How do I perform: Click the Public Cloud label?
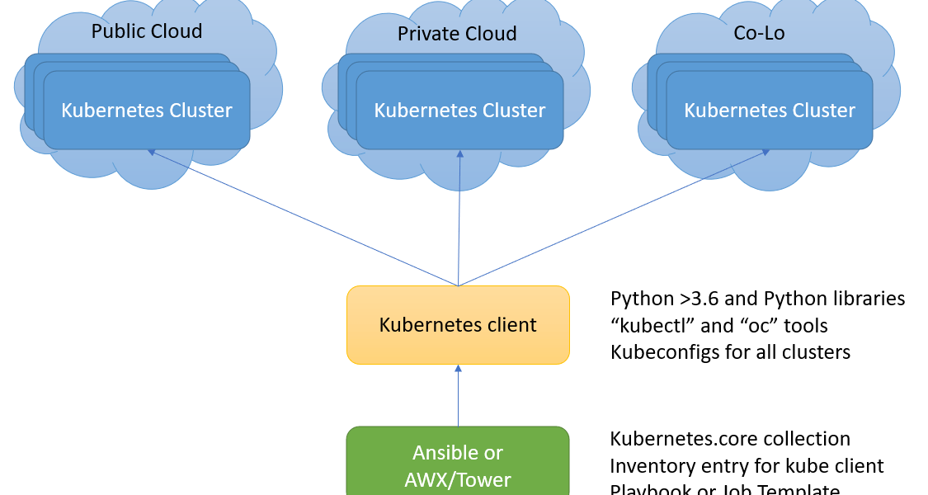[x=147, y=32]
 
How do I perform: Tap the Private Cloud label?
[x=457, y=34]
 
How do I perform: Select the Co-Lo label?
[x=759, y=34]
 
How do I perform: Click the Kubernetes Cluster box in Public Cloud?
[x=147, y=110]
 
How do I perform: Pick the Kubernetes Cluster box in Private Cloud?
[x=459, y=110]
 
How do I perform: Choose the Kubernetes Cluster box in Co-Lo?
[x=770, y=110]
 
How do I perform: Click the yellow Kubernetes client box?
[x=458, y=325]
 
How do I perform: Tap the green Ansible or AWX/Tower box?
[x=458, y=462]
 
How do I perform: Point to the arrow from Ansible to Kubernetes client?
[x=458, y=396]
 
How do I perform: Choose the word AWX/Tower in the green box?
[x=458, y=479]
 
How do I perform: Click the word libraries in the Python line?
[x=866, y=299]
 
